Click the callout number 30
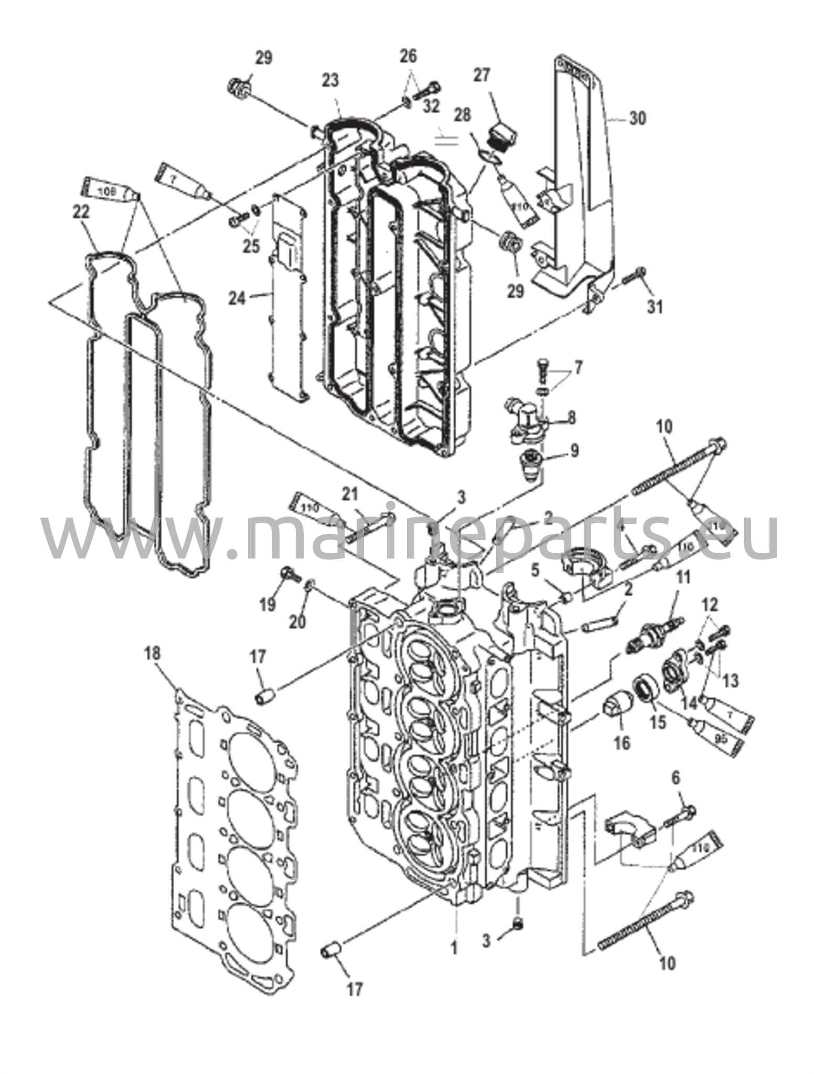coord(637,119)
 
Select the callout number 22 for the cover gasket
coord(82,212)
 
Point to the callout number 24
coord(237,298)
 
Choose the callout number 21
coord(350,494)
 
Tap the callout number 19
coord(267,605)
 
